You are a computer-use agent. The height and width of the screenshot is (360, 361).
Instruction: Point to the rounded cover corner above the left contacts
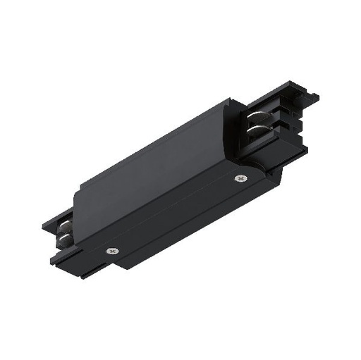[x=78, y=211]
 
